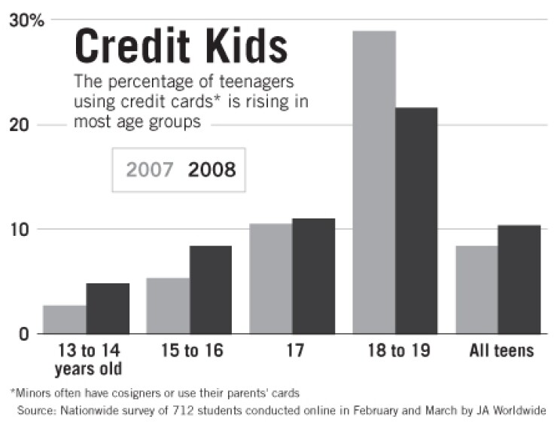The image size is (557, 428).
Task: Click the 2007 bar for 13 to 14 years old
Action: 65,319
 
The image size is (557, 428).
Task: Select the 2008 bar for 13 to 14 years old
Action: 108,308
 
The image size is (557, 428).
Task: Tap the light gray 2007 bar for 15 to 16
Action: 168,305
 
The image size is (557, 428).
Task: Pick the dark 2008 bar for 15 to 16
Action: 211,289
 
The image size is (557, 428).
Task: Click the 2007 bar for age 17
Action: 271,278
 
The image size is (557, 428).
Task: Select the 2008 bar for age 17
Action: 314,276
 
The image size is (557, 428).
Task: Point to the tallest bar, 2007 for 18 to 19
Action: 374,182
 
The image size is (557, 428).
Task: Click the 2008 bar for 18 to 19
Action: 417,220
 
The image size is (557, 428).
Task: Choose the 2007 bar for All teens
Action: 476,289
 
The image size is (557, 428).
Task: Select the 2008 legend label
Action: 212,170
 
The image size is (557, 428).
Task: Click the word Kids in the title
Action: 251,47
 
